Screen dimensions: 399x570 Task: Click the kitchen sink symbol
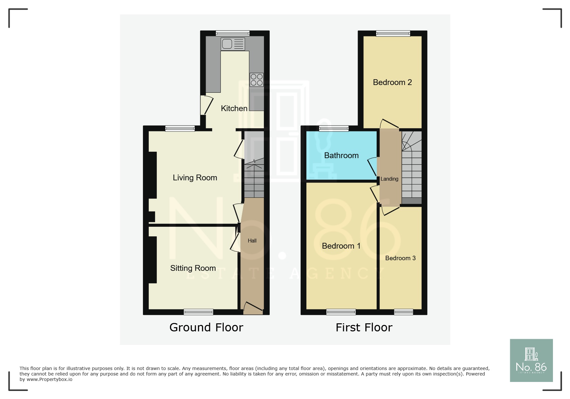233,44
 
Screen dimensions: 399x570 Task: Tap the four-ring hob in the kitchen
257,80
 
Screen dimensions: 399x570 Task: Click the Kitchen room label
234,109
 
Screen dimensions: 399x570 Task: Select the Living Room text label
195,178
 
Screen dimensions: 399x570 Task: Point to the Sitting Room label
193,268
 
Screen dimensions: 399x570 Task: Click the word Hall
252,241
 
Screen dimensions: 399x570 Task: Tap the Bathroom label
341,156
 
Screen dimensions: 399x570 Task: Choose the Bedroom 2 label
392,82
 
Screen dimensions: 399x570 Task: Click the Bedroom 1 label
341,246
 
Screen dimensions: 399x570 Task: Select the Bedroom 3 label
400,258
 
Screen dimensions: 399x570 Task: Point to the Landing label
389,179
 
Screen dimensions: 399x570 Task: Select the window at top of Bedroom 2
393,33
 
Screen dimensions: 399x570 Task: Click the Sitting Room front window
198,312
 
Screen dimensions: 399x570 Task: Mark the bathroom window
334,128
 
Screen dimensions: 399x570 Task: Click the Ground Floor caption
206,328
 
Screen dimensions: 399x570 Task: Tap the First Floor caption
364,328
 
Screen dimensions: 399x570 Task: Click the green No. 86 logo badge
531,360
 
